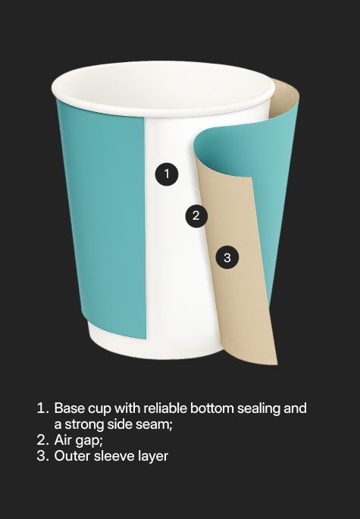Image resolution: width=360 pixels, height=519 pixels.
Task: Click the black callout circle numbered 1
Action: [x=167, y=174]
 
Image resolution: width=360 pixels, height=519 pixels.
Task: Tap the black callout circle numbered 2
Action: [x=196, y=216]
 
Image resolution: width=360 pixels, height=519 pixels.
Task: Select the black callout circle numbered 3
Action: [x=227, y=257]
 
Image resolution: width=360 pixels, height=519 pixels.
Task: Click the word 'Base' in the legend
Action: [x=70, y=408]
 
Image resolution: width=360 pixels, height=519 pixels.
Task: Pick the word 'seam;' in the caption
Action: [x=156, y=424]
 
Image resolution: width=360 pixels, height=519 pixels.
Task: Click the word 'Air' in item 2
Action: [x=63, y=440]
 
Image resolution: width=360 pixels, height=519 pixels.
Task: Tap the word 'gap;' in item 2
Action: [x=89, y=441]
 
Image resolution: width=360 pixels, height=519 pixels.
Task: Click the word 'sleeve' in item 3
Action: [x=116, y=456]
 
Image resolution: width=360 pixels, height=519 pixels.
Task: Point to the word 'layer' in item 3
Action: [x=154, y=457]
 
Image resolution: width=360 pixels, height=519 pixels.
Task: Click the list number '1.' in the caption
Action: [x=42, y=408]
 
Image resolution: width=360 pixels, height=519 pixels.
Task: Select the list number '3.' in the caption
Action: [x=42, y=456]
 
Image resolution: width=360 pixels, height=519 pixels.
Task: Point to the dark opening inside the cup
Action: [x=163, y=87]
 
